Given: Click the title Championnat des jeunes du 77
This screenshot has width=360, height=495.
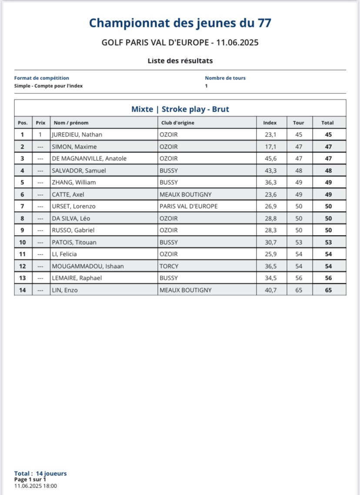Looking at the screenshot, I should point(180,23).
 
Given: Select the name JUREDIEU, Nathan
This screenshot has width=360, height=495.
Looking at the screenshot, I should point(77,135).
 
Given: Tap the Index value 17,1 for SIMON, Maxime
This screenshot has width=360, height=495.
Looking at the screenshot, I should point(270,147).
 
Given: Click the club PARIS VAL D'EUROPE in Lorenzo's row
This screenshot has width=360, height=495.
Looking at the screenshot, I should point(188,206).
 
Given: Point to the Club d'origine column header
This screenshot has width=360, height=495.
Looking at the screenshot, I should point(178,123).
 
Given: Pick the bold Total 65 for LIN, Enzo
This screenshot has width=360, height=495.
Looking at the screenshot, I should point(328,290).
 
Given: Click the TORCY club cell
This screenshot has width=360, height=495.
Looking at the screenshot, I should point(169,266).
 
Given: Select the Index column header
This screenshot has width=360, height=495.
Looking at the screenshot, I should point(270,123).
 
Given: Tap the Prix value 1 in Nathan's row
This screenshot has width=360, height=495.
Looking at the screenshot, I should point(40,135).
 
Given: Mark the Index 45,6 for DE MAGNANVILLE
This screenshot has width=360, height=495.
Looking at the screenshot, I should point(270,159).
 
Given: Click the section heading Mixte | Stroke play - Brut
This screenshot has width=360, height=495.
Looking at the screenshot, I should point(180,109).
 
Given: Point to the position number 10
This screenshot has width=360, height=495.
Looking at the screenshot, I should point(23,242).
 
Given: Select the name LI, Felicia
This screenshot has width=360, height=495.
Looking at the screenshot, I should point(64,254).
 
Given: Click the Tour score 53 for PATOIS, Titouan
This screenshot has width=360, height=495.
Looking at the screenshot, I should point(299,242).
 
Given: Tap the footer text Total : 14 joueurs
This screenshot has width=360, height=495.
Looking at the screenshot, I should point(40,473).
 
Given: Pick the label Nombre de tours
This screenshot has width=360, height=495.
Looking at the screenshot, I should point(225,78).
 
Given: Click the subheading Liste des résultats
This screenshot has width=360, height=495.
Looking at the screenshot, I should point(180,61).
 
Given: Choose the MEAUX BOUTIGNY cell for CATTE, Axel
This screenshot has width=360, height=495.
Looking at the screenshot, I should point(186,194).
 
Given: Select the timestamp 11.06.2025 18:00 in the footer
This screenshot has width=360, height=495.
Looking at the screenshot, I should point(35,486).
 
